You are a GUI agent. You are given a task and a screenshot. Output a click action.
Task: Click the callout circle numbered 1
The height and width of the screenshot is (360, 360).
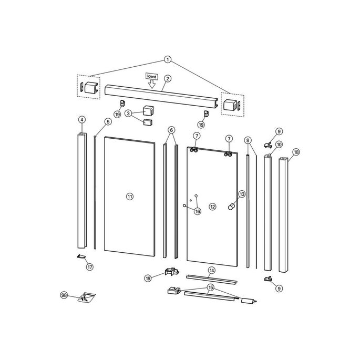tap(168, 59)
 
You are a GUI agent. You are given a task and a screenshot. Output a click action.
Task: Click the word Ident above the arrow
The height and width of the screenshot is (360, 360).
tap(152, 77)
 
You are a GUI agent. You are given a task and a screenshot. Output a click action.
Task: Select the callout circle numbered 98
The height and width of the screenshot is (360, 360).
tap(65, 296)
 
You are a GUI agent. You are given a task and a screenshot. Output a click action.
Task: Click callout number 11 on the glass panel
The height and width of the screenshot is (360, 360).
tap(130, 196)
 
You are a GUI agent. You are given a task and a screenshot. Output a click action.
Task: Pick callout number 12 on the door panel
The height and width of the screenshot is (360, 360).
tap(213, 207)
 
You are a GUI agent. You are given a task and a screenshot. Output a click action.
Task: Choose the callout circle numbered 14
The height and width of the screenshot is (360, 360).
tap(211, 271)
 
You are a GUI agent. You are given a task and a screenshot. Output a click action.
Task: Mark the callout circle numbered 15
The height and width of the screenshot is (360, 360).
tap(211, 287)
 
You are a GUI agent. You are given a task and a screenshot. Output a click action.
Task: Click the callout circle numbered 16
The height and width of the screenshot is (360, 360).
tap(198, 211)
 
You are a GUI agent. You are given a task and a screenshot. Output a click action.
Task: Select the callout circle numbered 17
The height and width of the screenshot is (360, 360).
tap(89, 267)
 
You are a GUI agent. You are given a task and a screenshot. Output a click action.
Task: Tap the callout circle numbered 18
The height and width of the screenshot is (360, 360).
tap(296, 152)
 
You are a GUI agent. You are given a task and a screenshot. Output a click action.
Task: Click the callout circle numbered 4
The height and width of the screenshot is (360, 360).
tap(81, 120)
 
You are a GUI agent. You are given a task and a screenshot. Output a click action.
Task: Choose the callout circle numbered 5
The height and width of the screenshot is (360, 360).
tap(108, 122)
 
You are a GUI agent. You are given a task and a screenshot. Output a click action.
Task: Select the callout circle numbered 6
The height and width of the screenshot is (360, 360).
tap(171, 129)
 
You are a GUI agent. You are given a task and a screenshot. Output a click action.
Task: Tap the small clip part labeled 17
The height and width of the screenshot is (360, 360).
tap(81, 256)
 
